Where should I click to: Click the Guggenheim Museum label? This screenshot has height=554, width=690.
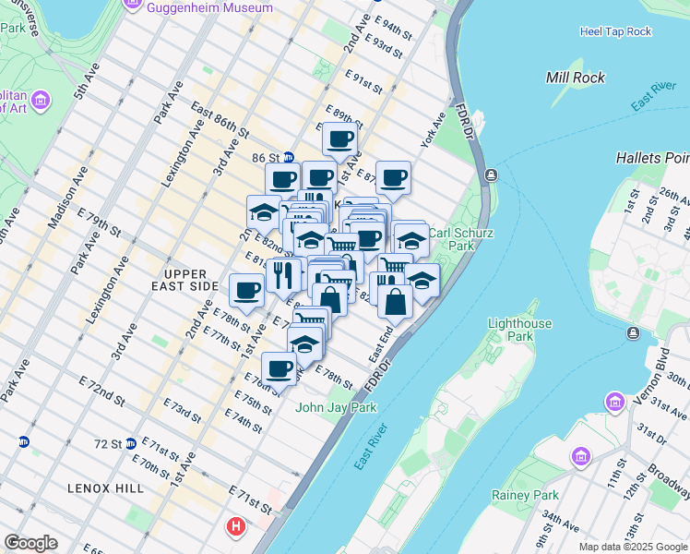pyautogui.click(x=210, y=7)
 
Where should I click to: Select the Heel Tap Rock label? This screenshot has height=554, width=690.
pyautogui.click(x=615, y=31)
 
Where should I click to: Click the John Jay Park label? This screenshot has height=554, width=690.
pyautogui.click(x=335, y=407)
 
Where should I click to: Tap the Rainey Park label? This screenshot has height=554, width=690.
pyautogui.click(x=525, y=496)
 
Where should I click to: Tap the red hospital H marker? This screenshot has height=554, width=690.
pyautogui.click(x=235, y=528)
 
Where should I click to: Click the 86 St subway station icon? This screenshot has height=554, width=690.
pyautogui.click(x=289, y=158)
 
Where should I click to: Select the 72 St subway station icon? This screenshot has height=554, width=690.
pyautogui.click(x=131, y=443)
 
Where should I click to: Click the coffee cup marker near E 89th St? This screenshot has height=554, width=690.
pyautogui.click(x=339, y=140)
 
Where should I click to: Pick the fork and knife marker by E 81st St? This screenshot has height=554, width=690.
pyautogui.click(x=283, y=274)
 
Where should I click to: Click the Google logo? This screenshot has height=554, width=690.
pyautogui.click(x=30, y=543)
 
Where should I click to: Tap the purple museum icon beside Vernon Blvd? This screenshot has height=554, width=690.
pyautogui.click(x=615, y=403)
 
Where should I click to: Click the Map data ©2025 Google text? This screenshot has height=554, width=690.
pyautogui.click(x=633, y=547)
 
